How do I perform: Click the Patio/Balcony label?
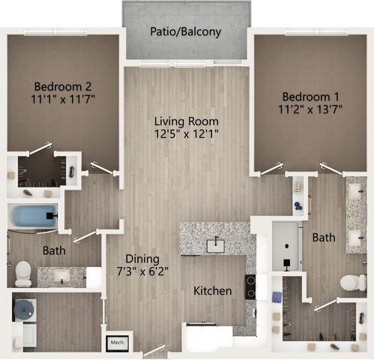pos(185,31)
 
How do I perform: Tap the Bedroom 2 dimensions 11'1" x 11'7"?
pos(63,99)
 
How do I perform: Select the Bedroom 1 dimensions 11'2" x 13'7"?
pos(310,109)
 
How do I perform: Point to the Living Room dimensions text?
pos(187,134)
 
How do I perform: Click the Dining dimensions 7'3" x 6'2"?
pos(142,271)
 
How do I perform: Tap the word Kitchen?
pos(213,291)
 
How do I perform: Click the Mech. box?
pos(117,342)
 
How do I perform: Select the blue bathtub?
pos(34,216)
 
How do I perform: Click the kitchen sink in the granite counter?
pos(216,245)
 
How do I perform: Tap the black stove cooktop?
pos(250,286)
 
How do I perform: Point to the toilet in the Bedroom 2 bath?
pos(23,274)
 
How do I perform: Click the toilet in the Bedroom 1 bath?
pos(353,283)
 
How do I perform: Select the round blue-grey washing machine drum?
pos(24,310)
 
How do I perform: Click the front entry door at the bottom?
pos(154,350)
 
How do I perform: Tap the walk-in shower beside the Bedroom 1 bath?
pos(287,246)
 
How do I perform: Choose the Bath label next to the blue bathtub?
pos(54,250)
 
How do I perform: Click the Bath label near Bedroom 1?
pos(324,238)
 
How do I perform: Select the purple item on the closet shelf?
pos(277,297)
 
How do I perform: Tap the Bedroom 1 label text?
pos(310,97)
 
